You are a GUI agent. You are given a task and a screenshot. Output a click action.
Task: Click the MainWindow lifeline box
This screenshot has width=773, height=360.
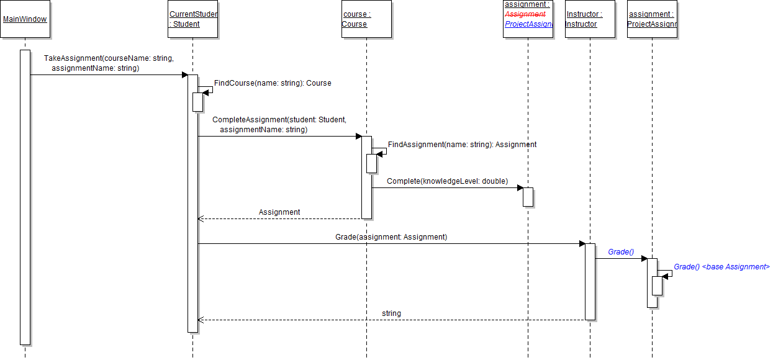25,19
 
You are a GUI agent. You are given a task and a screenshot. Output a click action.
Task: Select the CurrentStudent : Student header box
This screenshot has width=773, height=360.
193,19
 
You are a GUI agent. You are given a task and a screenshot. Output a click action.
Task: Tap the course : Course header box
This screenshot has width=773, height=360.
366,19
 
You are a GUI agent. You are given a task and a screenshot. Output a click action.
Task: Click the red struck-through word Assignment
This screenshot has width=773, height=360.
525,14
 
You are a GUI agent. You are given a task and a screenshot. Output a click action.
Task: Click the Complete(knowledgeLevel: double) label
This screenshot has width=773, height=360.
447,181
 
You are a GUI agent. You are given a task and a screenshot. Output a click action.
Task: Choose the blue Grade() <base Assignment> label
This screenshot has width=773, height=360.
721,267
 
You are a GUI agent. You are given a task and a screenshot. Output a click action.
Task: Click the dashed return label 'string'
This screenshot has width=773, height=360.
391,313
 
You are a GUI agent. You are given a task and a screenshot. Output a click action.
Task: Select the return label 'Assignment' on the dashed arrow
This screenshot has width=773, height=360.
279,212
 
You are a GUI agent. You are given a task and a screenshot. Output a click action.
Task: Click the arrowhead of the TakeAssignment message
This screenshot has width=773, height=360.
184,75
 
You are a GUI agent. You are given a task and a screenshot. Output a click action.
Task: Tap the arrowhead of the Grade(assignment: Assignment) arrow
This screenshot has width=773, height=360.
582,243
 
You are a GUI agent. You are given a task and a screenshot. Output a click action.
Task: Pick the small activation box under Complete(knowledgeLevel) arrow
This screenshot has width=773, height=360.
528,197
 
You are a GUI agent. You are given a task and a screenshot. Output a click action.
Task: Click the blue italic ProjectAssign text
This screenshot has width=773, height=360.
528,24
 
